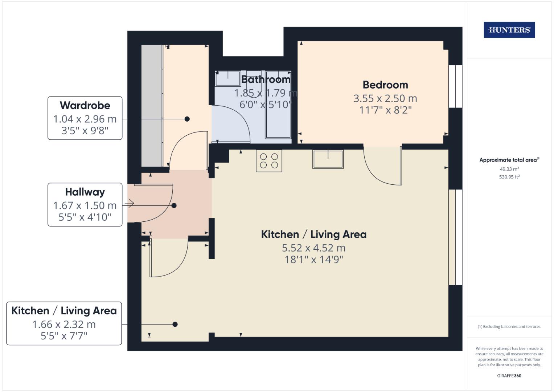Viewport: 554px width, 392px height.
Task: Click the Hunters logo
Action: [509, 30]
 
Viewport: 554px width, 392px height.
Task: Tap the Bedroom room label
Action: [385, 85]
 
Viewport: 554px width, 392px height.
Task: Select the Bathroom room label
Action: [266, 79]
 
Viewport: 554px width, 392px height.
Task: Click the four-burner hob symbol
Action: [269, 161]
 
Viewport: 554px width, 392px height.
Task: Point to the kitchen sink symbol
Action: [328, 159]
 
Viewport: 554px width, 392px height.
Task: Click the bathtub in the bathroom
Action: [278, 105]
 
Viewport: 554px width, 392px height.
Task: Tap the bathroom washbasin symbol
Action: [228, 78]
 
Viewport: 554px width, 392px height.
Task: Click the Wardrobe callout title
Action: [85, 105]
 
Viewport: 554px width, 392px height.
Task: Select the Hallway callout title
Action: [85, 192]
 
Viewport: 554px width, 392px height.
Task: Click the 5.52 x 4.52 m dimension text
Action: [314, 248]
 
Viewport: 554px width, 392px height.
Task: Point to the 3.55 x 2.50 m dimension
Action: [385, 98]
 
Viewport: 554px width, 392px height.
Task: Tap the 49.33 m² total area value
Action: [509, 169]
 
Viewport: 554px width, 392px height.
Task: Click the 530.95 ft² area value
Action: [509, 177]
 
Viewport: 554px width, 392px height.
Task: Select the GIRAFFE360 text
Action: [509, 376]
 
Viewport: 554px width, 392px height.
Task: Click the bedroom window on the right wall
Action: [455, 86]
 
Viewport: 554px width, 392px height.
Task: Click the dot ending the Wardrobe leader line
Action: [187, 119]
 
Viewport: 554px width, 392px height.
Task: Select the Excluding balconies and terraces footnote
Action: [509, 327]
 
